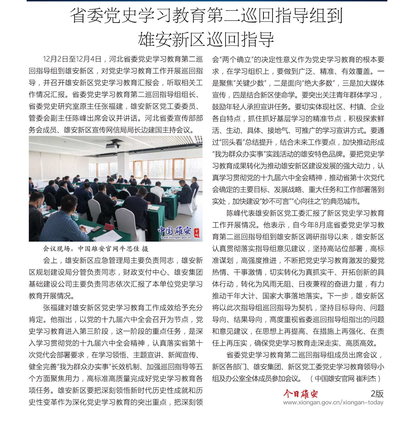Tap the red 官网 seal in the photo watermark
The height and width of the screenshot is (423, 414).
(x=197, y=232)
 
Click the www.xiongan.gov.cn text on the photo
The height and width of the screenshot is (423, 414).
(x=176, y=237)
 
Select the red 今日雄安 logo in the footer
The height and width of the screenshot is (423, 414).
(x=300, y=394)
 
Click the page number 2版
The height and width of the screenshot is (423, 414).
(x=377, y=394)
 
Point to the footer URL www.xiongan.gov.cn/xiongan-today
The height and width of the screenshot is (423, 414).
(x=333, y=402)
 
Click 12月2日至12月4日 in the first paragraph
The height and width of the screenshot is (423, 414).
(x=72, y=59)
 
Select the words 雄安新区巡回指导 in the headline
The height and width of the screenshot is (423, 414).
(x=206, y=40)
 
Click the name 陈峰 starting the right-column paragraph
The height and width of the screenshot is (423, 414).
(x=233, y=213)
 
